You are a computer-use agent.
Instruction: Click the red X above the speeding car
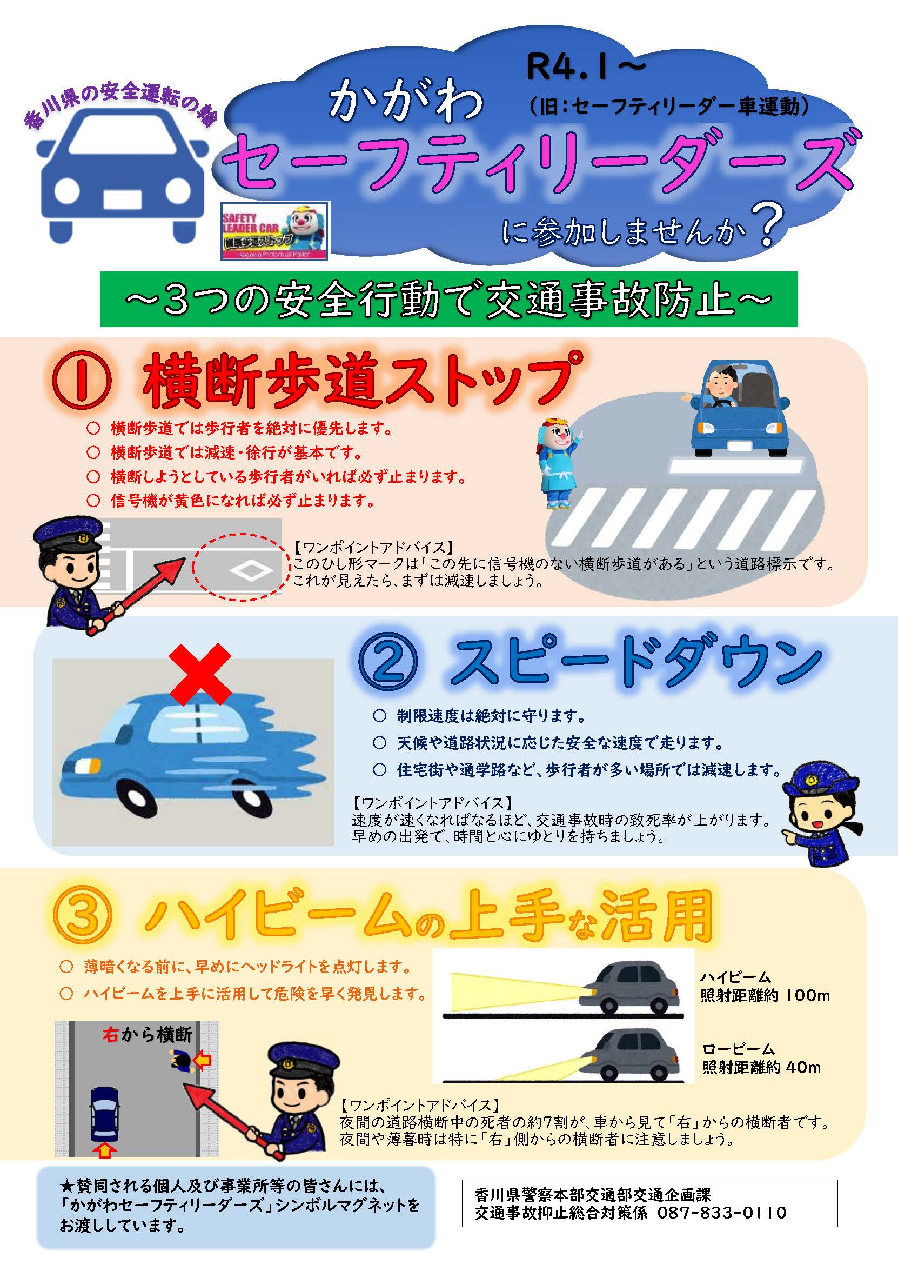click(200, 674)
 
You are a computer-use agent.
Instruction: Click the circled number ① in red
click(82, 382)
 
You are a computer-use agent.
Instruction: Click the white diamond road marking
click(251, 570)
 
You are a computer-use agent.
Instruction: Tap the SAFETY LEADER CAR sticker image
click(274, 231)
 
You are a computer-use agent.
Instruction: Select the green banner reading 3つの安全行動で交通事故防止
click(448, 299)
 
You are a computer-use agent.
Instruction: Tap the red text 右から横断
click(148, 1034)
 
